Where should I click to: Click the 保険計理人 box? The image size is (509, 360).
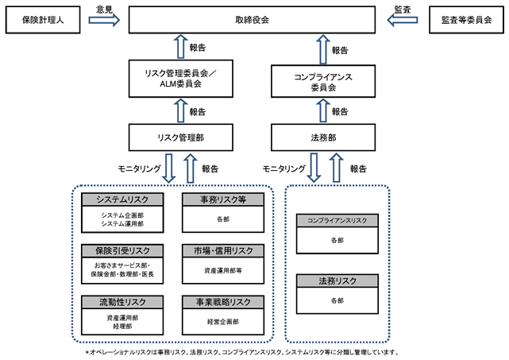click(x=43, y=20)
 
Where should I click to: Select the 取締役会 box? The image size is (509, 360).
click(x=252, y=20)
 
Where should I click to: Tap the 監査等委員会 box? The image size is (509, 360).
click(x=466, y=20)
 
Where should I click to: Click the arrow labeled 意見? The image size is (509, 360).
click(x=104, y=20)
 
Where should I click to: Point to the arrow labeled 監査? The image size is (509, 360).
click(x=403, y=20)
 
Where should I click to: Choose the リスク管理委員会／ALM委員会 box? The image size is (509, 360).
click(x=181, y=79)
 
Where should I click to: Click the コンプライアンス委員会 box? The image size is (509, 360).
click(x=323, y=81)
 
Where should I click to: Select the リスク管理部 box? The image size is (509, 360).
click(x=181, y=137)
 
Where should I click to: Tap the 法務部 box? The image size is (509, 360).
click(x=323, y=137)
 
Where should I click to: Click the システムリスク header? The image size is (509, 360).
click(x=122, y=199)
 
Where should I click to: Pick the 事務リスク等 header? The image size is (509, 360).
click(x=223, y=199)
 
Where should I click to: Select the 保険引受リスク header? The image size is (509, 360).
click(x=122, y=251)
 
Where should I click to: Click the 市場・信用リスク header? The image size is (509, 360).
click(x=223, y=251)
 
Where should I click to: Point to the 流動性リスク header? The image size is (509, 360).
click(x=122, y=302)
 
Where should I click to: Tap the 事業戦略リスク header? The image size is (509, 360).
click(x=223, y=302)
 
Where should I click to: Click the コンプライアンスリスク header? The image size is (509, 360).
click(x=337, y=221)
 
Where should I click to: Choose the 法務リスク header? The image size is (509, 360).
click(x=337, y=281)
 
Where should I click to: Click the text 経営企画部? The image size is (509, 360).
click(x=223, y=322)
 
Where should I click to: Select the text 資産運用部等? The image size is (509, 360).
click(x=223, y=270)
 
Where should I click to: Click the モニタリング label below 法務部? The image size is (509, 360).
click(x=284, y=168)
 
